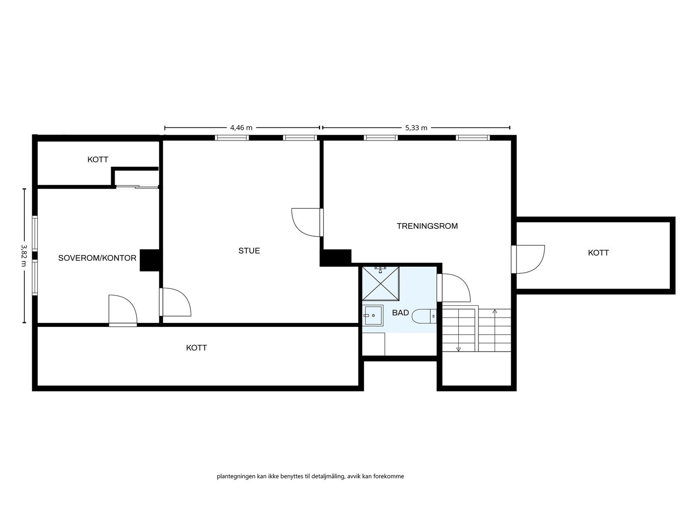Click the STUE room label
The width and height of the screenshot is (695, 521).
pyautogui.click(x=249, y=251)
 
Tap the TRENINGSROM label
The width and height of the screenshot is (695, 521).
pyautogui.click(x=427, y=226)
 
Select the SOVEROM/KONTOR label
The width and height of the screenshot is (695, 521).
pyautogui.click(x=97, y=258)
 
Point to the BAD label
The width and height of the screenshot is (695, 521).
pyautogui.click(x=400, y=313)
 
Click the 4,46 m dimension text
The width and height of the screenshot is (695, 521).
pyautogui.click(x=241, y=128)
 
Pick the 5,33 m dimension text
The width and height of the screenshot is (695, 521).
pyautogui.click(x=416, y=128)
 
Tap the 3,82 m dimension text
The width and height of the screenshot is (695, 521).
pyautogui.click(x=24, y=255)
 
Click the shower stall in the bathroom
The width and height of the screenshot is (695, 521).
pyautogui.click(x=381, y=284)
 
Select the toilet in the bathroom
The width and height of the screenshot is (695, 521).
pyautogui.click(x=424, y=316)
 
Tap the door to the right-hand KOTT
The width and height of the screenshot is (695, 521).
pyautogui.click(x=528, y=259)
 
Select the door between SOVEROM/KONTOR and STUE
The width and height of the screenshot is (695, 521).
pyautogui.click(x=175, y=302)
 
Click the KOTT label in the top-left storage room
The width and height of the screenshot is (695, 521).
pyautogui.click(x=98, y=160)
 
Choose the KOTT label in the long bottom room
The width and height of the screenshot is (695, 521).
pyautogui.click(x=196, y=348)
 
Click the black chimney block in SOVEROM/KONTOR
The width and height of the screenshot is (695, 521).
pyautogui.click(x=150, y=260)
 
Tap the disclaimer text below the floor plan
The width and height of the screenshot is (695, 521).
pyautogui.click(x=310, y=476)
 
